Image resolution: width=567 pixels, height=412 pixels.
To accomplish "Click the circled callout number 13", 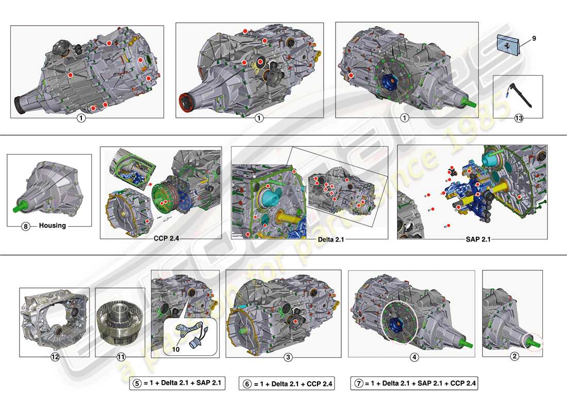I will point(519,118).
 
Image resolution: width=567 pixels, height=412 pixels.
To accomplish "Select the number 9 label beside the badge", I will point(534,38).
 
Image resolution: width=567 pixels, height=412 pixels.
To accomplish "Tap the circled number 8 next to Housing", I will point(26,226).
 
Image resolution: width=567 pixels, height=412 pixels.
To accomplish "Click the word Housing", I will point(53,226).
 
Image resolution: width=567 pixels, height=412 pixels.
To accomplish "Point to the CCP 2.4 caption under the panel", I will point(168,238).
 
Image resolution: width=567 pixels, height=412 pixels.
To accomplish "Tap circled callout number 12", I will point(55,356).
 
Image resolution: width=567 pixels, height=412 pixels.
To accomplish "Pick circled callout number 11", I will point(121,356).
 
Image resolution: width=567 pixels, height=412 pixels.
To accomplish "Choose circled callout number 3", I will point(289,356).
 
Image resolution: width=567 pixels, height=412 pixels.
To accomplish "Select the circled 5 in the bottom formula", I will point(137,383).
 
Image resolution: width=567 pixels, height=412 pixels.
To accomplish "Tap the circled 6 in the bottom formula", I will point(247,384).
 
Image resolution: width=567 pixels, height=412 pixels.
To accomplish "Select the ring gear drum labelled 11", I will point(120,322).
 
